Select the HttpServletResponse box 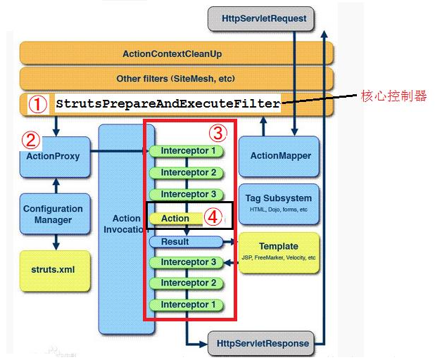coord(259,343)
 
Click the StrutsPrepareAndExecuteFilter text coord(168,104)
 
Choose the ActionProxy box coord(53,156)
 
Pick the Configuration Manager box coord(53,214)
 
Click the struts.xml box coord(53,269)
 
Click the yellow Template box coord(279,251)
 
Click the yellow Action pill coord(175,219)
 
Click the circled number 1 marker coord(38,105)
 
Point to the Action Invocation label coord(126,223)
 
